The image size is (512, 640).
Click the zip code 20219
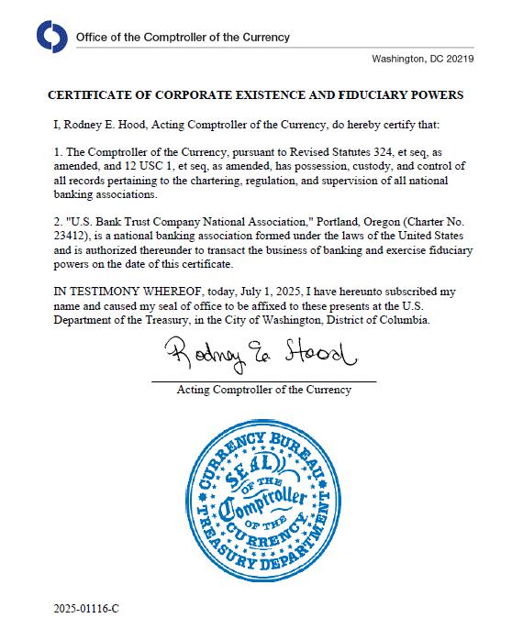point(456,59)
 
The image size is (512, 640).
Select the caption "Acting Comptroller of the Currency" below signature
point(263,391)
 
